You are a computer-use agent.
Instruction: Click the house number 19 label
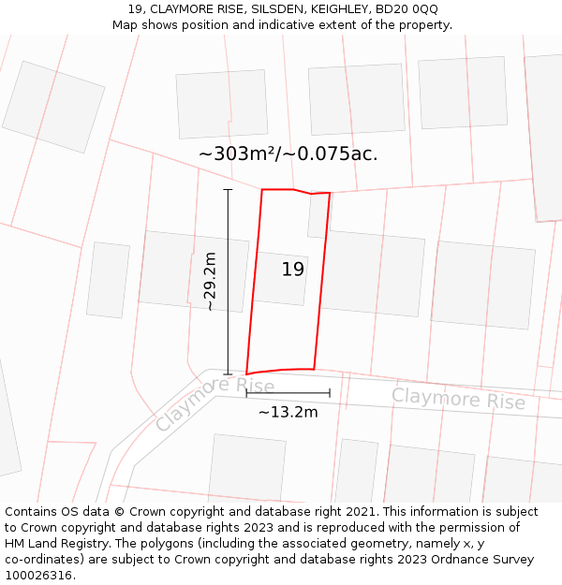(x=293, y=270)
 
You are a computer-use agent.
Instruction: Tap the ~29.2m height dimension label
(x=211, y=281)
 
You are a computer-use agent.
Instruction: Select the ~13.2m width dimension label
(x=288, y=412)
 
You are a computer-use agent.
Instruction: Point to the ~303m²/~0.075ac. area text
(x=288, y=154)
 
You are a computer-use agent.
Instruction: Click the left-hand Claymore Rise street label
(x=214, y=402)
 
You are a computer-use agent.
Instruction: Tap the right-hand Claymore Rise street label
(x=458, y=399)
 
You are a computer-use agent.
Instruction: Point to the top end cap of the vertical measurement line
(x=228, y=190)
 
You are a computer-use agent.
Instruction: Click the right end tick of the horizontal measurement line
(x=330, y=393)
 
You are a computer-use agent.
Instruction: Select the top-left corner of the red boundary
(x=261, y=190)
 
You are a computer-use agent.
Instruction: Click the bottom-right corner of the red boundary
(x=314, y=369)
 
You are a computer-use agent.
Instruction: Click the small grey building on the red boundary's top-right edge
(x=318, y=215)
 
